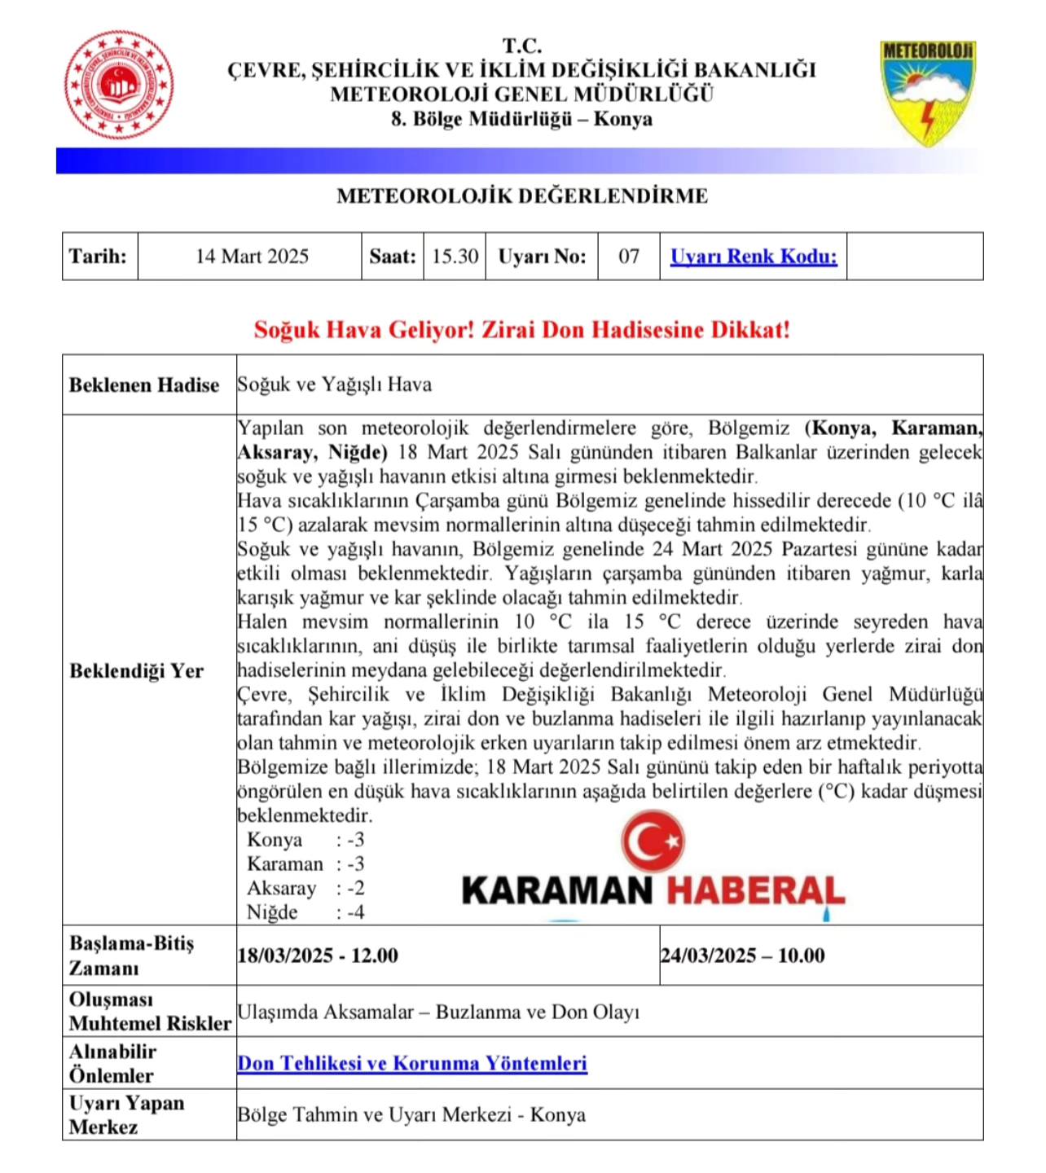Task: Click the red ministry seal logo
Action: [x=119, y=85]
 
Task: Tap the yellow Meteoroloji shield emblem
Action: [x=928, y=92]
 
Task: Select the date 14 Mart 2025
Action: [x=252, y=257]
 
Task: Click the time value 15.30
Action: [x=455, y=257]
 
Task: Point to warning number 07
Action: [x=629, y=257]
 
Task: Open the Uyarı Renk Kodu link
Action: [x=754, y=257]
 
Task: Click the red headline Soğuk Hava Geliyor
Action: [x=522, y=330]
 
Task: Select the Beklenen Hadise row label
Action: [x=144, y=384]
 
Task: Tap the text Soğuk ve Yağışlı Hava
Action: [x=335, y=384]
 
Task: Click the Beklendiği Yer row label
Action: [x=136, y=670]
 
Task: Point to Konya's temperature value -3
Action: [x=355, y=840]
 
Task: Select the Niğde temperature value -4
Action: [x=355, y=912]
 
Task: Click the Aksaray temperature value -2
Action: [x=355, y=888]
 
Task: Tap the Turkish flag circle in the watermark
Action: [x=653, y=841]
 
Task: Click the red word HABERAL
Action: [x=755, y=890]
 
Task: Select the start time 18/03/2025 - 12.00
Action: [x=318, y=956]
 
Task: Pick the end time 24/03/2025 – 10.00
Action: [x=742, y=956]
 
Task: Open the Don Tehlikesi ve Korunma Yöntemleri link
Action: [x=412, y=1063]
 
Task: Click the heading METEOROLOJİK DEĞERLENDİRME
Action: [x=522, y=196]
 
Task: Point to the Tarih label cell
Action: [x=99, y=257]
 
